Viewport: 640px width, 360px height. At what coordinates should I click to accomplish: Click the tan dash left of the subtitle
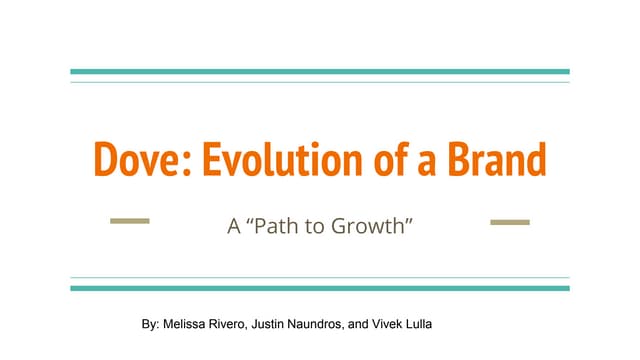(129, 222)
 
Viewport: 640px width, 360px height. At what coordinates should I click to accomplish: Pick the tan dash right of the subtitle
(510, 222)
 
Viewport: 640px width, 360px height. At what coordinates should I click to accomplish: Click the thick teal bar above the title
(320, 72)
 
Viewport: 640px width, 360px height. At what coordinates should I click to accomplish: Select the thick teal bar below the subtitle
(320, 288)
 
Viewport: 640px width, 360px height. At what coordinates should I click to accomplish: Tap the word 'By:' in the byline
(150, 326)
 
